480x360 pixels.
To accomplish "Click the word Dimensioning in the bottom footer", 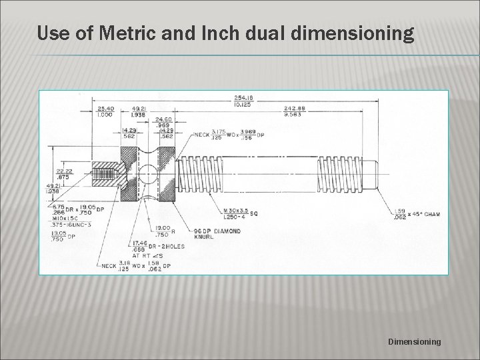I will click(x=414, y=341).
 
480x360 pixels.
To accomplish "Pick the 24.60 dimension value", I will click(x=163, y=119).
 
